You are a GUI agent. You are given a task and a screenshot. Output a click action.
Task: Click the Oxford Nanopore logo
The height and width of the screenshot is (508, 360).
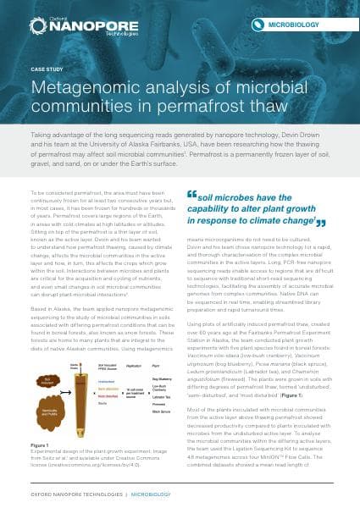(x=63, y=23)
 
